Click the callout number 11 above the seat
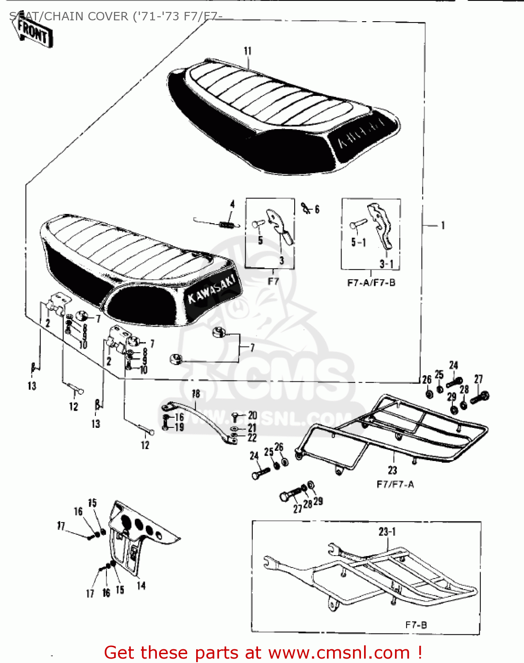click(x=247, y=51)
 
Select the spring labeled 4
click(x=226, y=225)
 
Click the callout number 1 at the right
click(x=443, y=225)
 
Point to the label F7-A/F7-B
click(x=371, y=283)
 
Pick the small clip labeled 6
click(x=305, y=207)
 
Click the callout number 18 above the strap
click(x=196, y=393)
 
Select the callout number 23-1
click(x=387, y=531)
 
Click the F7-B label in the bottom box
click(x=416, y=625)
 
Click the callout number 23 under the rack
click(x=392, y=470)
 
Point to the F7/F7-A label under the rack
click(x=395, y=484)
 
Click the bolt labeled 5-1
click(x=357, y=225)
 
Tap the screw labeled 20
click(x=235, y=416)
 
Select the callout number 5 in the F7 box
click(x=260, y=240)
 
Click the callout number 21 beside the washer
click(x=252, y=427)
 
